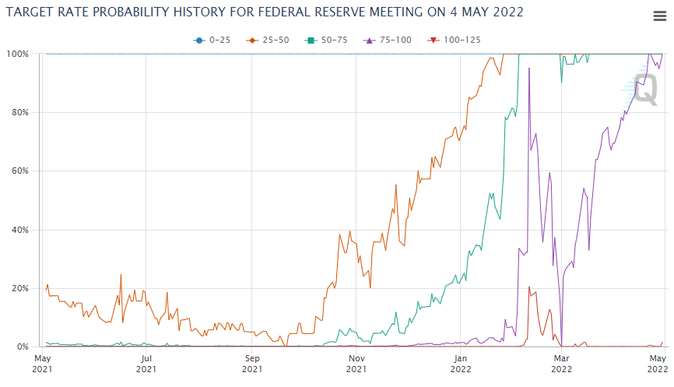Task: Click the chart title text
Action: pos(265,12)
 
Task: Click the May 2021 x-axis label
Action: pos(42,363)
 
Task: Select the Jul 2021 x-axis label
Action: pos(146,363)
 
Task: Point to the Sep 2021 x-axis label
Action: pos(252,363)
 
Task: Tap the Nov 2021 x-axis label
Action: pos(356,363)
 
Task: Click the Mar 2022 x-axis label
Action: pos(561,363)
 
